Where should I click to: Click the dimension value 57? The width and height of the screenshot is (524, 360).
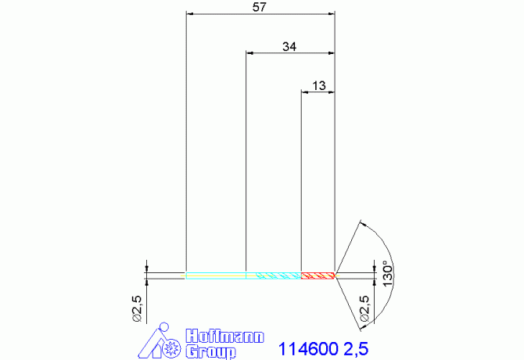coord(260,7)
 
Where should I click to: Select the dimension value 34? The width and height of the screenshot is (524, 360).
coord(289,46)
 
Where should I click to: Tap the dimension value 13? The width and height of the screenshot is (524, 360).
coord(319,85)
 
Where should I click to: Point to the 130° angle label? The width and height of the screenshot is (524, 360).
coord(387,273)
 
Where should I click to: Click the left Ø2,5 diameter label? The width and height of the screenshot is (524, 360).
coord(138,308)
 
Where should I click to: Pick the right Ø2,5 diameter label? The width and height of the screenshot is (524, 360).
coord(364,308)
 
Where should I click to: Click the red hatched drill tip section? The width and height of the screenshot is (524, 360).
coord(318,275)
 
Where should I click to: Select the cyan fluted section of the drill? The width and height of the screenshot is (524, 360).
coord(274,275)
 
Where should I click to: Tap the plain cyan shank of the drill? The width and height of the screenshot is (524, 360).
coord(216,275)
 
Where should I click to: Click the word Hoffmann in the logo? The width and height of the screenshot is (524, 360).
coord(225,336)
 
